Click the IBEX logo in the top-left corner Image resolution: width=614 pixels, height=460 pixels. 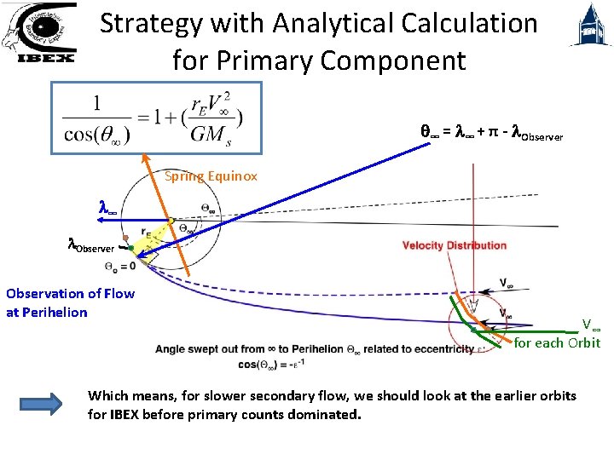39,34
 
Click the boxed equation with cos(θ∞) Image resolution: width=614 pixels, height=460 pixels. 146,118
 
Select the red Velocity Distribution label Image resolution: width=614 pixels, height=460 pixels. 455,245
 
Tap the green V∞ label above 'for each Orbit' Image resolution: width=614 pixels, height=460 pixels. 591,325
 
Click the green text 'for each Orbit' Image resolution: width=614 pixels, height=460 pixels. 557,342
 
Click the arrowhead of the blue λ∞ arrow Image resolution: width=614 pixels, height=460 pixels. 100,220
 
